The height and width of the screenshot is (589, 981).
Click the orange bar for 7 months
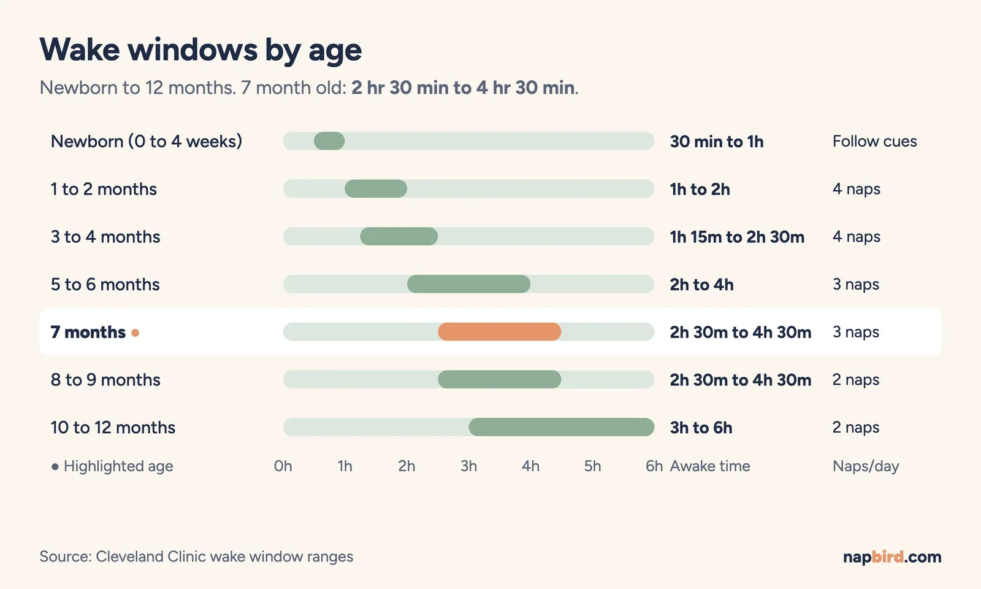pyautogui.click(x=499, y=332)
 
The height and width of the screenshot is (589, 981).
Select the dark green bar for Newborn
pyautogui.click(x=329, y=141)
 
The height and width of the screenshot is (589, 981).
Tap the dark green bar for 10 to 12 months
pyautogui.click(x=562, y=427)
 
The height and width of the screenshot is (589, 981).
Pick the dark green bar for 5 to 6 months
pyautogui.click(x=468, y=284)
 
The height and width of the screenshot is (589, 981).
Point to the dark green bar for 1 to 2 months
pyautogui.click(x=376, y=188)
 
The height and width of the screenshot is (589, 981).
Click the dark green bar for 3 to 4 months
pyautogui.click(x=399, y=236)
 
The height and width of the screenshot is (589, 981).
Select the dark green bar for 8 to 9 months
pyautogui.click(x=499, y=380)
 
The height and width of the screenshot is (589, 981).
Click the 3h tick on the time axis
pyautogui.click(x=468, y=466)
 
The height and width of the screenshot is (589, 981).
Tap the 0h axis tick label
pyautogui.click(x=283, y=466)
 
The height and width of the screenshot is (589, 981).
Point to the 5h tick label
pyautogui.click(x=592, y=466)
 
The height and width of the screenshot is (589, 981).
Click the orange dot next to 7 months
pyautogui.click(x=136, y=333)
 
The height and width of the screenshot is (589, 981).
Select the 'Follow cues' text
pyautogui.click(x=874, y=141)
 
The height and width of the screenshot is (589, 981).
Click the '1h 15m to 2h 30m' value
pyautogui.click(x=737, y=237)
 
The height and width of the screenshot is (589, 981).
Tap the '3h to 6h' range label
pyautogui.click(x=701, y=427)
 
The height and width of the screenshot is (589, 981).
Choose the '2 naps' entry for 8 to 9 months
pyautogui.click(x=856, y=380)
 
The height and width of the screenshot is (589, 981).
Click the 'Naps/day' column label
pyautogui.click(x=866, y=466)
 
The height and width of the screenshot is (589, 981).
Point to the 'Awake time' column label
pyautogui.click(x=710, y=466)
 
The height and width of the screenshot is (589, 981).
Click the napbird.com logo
pyautogui.click(x=892, y=556)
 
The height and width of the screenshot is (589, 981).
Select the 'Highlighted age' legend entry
pyautogui.click(x=113, y=466)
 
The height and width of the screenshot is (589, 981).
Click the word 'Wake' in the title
pyautogui.click(x=80, y=50)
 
